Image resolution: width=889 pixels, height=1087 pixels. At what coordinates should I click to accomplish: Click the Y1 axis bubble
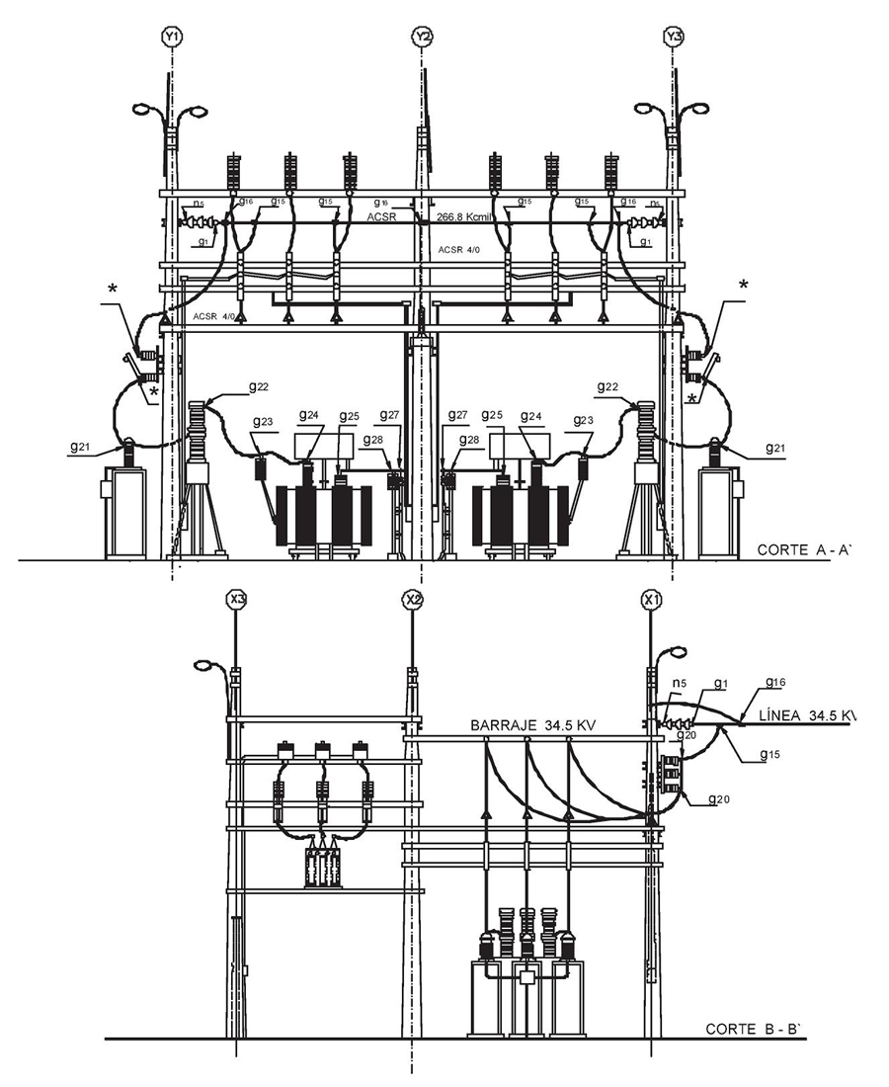(172, 38)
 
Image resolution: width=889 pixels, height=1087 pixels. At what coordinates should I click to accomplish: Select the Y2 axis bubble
(422, 38)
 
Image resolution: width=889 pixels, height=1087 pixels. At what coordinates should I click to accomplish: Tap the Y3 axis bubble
(674, 38)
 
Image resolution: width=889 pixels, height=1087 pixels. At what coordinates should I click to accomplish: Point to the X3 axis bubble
(236, 599)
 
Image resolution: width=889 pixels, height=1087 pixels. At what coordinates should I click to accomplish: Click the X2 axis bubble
(413, 599)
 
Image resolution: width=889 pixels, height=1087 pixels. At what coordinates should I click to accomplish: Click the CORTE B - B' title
(757, 1029)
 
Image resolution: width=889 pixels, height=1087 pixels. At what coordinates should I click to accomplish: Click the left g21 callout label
(82, 447)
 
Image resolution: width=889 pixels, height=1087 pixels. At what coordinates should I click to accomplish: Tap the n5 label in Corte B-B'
(679, 683)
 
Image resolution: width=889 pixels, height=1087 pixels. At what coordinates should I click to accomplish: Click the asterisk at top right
(743, 286)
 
